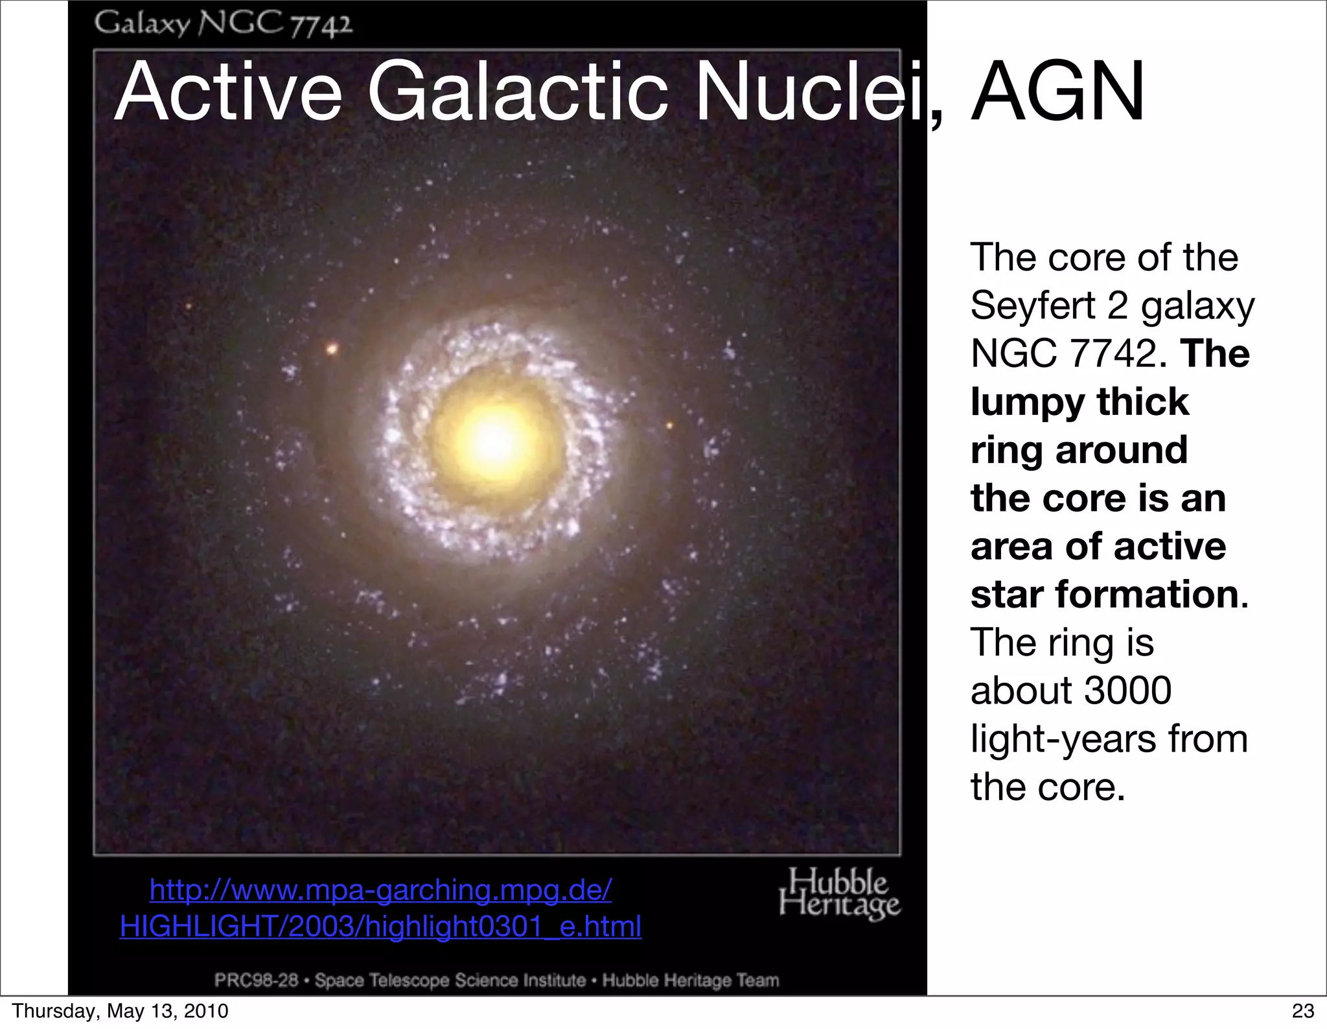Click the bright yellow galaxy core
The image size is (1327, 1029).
(x=496, y=440)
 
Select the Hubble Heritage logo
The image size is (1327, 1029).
(x=839, y=894)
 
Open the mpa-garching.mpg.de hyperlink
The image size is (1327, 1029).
(x=380, y=908)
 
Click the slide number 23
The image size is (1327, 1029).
(x=1303, y=1011)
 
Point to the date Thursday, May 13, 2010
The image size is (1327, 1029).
(x=121, y=1011)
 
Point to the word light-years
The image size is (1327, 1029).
(x=1063, y=739)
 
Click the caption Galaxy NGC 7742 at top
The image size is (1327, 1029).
(x=224, y=24)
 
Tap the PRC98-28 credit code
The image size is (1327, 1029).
(x=257, y=980)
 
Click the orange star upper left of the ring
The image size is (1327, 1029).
(x=332, y=349)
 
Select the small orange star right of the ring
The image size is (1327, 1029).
(x=670, y=425)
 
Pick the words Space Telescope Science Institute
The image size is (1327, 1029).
(x=450, y=980)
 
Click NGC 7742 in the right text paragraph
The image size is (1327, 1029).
(x=1063, y=353)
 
